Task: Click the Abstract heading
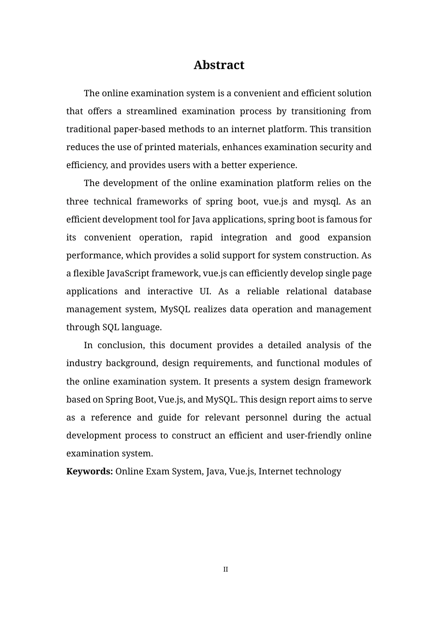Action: tap(219, 65)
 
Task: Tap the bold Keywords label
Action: tap(89, 471)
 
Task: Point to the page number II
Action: tap(225, 569)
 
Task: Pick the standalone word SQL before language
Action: tap(111, 327)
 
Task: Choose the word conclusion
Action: tap(121, 345)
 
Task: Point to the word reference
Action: tap(110, 417)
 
